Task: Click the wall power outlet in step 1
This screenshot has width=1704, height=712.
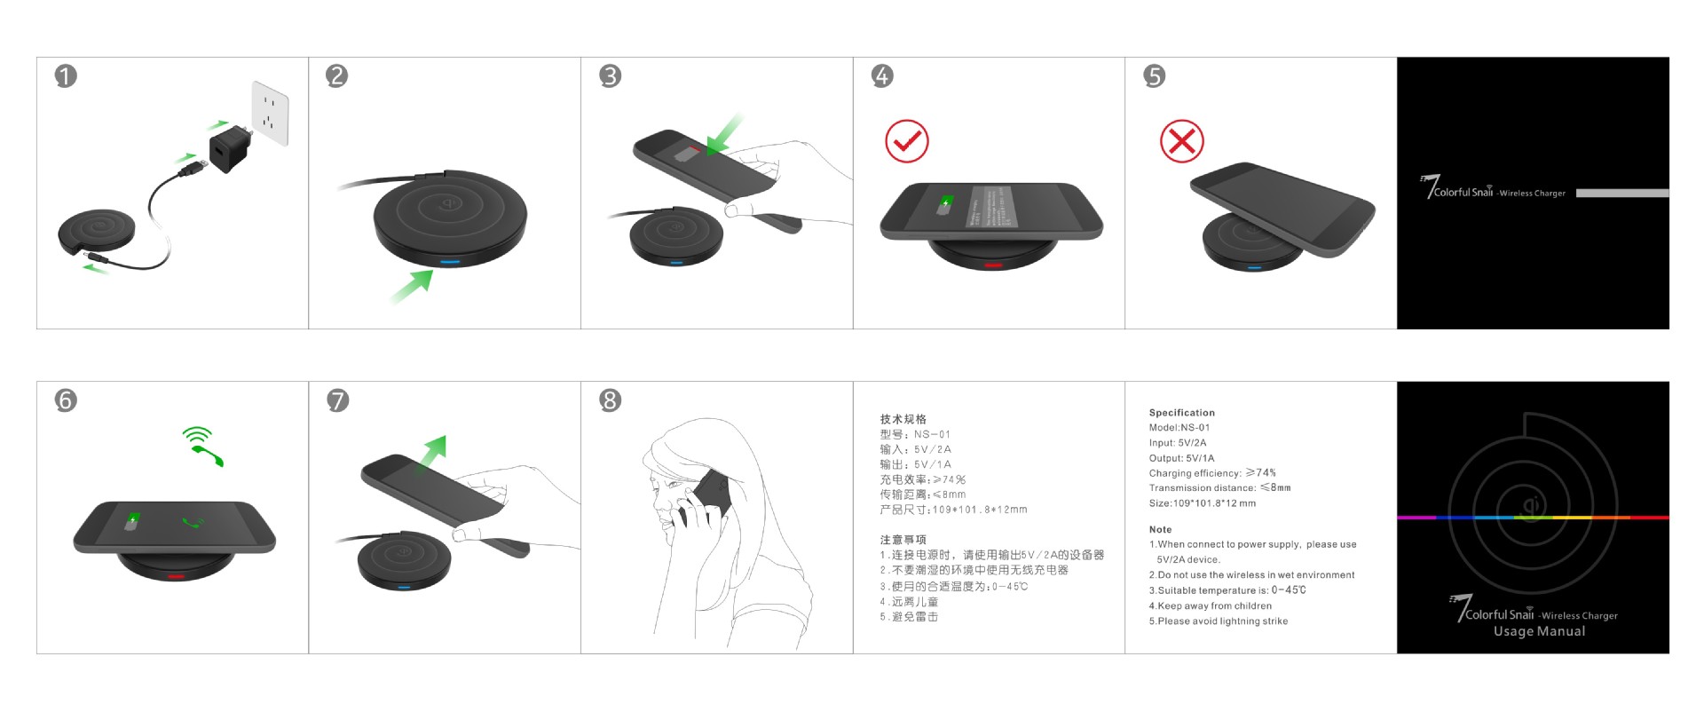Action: (x=270, y=114)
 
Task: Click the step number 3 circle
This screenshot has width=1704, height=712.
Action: (x=610, y=76)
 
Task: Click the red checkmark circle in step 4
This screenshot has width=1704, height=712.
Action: (x=906, y=141)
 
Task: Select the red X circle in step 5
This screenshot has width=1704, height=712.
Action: (x=1181, y=141)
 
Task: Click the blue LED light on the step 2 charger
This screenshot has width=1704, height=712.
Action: (x=450, y=262)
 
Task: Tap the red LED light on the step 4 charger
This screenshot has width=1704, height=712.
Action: (x=993, y=265)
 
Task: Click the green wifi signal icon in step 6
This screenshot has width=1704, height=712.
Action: (x=197, y=435)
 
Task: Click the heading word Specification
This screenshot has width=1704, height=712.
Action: (x=1181, y=413)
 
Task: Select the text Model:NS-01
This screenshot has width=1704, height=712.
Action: (x=1179, y=428)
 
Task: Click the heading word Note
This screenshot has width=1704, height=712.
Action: (x=1160, y=529)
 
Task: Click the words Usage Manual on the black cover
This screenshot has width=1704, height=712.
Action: (x=1538, y=631)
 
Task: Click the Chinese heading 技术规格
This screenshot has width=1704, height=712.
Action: (x=903, y=419)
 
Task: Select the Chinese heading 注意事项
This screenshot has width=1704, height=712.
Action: (x=903, y=540)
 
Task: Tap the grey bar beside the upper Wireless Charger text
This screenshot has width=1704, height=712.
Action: (x=1621, y=193)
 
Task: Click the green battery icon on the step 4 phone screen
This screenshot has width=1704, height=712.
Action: (x=946, y=203)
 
